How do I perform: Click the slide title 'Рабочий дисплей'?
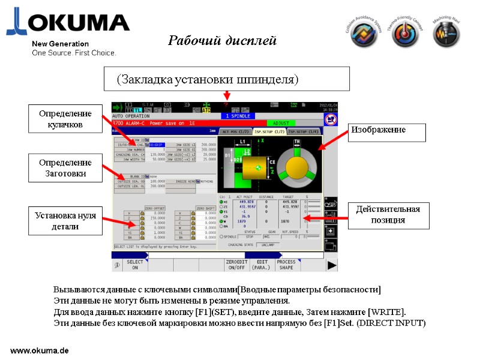[x=222, y=41]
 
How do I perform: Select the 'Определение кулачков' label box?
[x=65, y=119]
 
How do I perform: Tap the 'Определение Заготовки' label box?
[x=65, y=168]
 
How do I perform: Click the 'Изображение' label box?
[x=387, y=130]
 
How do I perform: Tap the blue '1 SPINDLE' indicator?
[x=238, y=116]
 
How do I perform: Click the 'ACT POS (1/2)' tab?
[x=235, y=131]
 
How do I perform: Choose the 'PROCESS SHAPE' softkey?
[x=287, y=265]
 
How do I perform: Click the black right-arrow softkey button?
[x=331, y=265]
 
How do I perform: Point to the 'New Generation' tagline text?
[x=60, y=44]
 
